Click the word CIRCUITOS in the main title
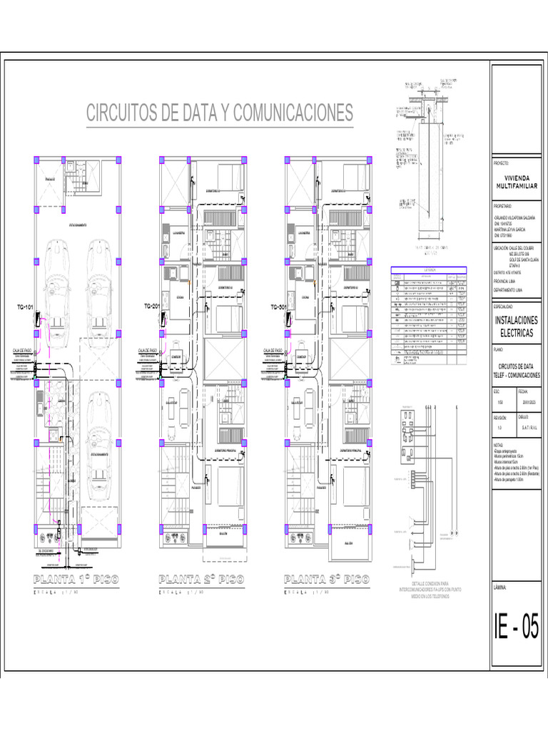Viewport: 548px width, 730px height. (x=123, y=113)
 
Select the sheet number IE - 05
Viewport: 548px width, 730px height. (x=516, y=628)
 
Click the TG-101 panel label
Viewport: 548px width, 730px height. (x=26, y=307)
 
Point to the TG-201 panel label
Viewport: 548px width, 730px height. (x=151, y=307)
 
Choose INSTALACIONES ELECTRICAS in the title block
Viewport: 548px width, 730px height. (x=516, y=327)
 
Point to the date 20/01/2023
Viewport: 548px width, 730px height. (x=529, y=402)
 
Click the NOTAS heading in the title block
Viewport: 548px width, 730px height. (x=499, y=443)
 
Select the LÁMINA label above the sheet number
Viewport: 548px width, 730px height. (x=500, y=587)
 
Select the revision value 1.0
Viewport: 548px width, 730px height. (x=499, y=427)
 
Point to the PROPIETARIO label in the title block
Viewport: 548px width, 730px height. (x=503, y=205)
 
